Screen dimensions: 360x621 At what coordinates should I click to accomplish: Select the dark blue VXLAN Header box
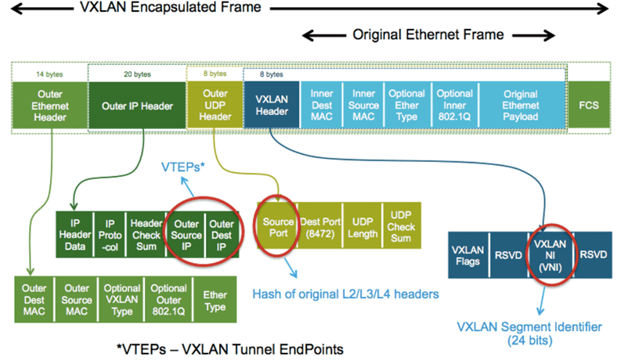271,104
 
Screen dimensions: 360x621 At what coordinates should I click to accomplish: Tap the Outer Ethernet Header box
50,105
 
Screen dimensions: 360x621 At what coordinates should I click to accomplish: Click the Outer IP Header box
137,105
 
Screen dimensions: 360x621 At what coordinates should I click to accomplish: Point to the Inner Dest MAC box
321,104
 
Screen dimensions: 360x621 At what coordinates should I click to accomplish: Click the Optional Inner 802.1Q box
454,104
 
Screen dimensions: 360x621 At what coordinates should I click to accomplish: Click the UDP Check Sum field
400,228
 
